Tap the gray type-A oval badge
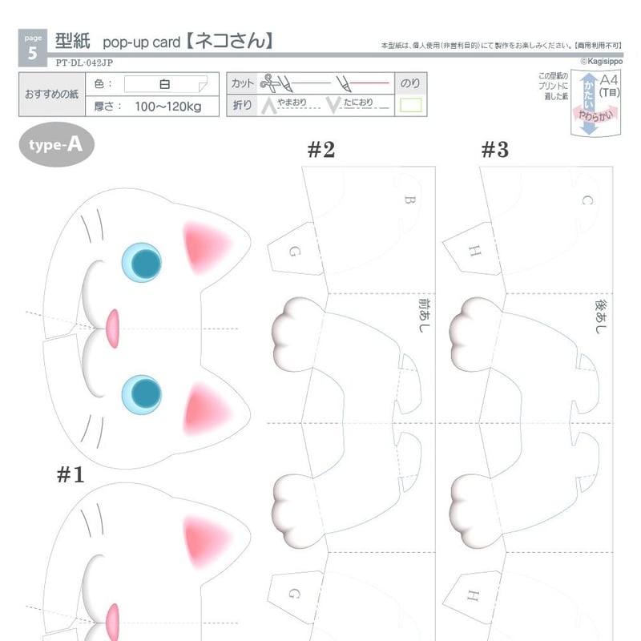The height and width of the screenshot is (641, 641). click(56, 144)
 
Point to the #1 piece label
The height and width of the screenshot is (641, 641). click(71, 474)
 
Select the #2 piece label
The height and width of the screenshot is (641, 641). click(320, 149)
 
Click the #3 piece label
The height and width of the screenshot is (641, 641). click(495, 149)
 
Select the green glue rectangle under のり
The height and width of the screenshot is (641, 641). click(411, 104)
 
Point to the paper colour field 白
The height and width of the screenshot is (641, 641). click(165, 83)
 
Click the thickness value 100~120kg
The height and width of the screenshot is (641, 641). click(167, 106)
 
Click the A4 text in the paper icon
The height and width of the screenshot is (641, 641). click(609, 79)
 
